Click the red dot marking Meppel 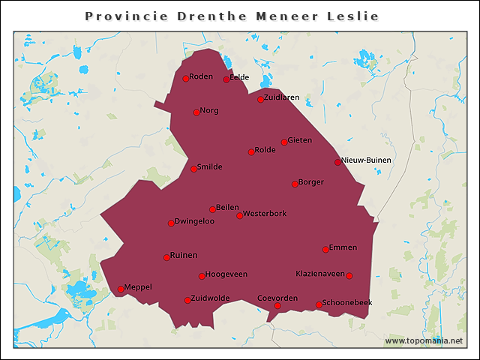[x=121, y=289]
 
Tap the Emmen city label [x=343, y=247]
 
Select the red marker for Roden [x=186, y=79]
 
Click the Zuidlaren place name [x=282, y=97]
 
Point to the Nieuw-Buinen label [x=366, y=160]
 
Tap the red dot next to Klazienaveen [x=349, y=276]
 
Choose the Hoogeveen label [x=226, y=274]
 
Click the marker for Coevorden [x=277, y=306]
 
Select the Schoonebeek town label [x=347, y=302]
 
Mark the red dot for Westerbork [x=240, y=216]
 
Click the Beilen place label [x=227, y=207]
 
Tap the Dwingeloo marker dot [x=171, y=223]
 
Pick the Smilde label [x=209, y=166]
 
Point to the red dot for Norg [x=196, y=112]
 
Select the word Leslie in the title [x=352, y=16]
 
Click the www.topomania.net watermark [x=424, y=340]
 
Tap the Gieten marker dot [x=284, y=142]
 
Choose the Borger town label [x=310, y=181]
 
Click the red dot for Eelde [x=226, y=79]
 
